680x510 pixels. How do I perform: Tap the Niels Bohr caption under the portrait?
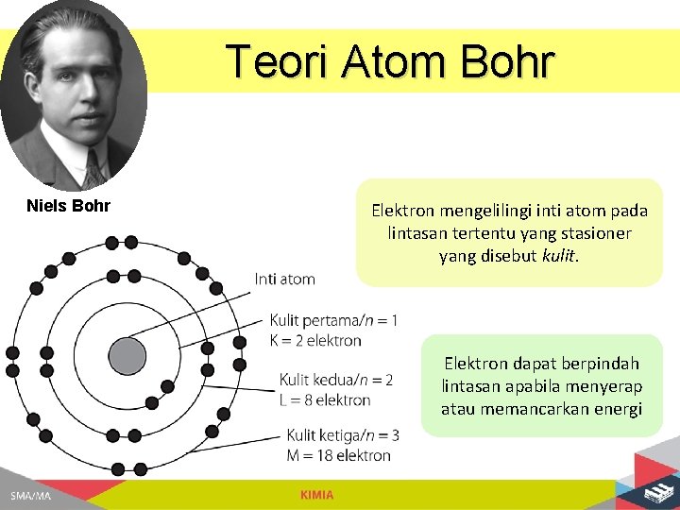(x=68, y=206)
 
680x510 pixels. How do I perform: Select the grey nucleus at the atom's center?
(x=127, y=356)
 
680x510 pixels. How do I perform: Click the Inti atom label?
(x=284, y=279)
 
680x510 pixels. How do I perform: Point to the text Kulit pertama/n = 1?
(x=333, y=321)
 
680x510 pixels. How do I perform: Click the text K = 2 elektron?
(x=315, y=340)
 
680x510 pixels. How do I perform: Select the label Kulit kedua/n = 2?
(x=336, y=381)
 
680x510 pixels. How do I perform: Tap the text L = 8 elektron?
(x=324, y=399)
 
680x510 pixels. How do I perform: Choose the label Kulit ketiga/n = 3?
(x=343, y=435)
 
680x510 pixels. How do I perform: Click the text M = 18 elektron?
(x=338, y=455)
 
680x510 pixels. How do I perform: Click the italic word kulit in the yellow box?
(x=558, y=256)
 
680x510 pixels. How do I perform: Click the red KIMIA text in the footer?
(x=316, y=496)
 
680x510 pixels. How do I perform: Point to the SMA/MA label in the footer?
(x=30, y=496)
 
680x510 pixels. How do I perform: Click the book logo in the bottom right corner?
(x=654, y=492)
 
